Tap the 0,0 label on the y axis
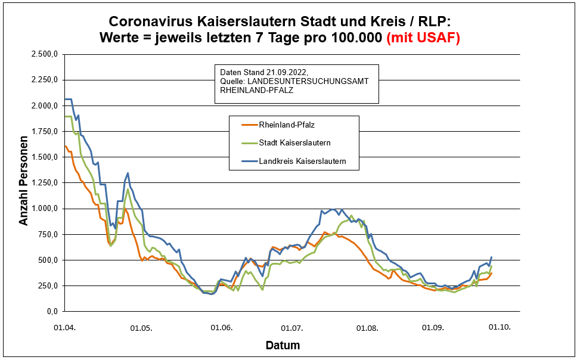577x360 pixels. [52, 312]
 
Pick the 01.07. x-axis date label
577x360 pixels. [293, 327]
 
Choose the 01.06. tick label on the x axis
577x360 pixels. [221, 327]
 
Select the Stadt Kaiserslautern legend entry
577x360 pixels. [294, 143]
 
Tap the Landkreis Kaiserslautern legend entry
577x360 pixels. [302, 162]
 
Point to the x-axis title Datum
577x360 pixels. [283, 345]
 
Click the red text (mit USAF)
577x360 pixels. [423, 38]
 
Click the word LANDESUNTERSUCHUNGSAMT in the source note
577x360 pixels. [318, 81]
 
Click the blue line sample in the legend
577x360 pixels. [249, 162]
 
